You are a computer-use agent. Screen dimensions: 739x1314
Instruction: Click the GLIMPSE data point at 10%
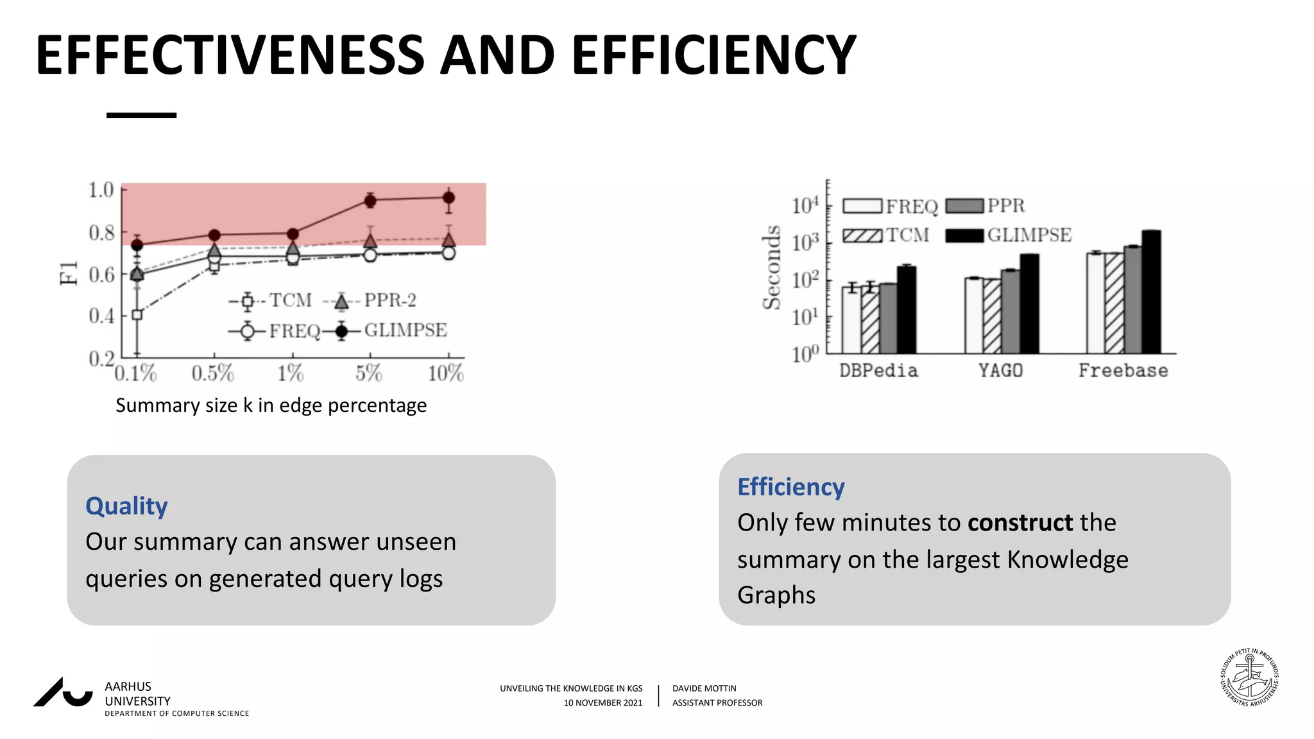pos(449,198)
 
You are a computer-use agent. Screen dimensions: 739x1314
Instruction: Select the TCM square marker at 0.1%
pos(137,314)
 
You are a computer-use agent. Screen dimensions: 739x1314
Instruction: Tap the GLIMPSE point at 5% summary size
pos(370,201)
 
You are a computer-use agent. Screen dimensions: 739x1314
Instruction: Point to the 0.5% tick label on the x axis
pos(213,373)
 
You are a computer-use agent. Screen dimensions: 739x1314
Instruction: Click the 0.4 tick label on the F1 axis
pos(101,316)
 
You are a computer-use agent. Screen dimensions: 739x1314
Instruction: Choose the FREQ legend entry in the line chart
pos(276,331)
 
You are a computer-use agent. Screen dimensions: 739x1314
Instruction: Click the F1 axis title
pos(69,273)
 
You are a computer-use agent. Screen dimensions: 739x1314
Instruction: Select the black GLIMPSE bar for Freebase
pos(1151,292)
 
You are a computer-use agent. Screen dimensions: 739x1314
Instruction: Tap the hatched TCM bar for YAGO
pos(992,316)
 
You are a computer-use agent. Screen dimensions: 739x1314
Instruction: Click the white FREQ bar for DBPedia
pos(851,319)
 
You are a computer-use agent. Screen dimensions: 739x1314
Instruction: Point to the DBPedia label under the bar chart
pos(878,371)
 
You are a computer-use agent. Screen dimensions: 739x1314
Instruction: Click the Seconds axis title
pos(772,268)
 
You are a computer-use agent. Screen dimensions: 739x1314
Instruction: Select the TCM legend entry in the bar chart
pos(886,235)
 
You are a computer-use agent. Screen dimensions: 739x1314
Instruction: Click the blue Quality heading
pos(126,506)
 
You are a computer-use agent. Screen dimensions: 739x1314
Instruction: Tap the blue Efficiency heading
pos(790,487)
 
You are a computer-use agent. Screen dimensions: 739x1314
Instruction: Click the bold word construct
pos(1020,523)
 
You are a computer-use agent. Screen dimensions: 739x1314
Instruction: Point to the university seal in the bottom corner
pos(1249,677)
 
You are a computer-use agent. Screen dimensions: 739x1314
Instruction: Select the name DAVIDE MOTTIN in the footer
pos(704,688)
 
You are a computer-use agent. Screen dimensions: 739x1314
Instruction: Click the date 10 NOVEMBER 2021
pos(602,703)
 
